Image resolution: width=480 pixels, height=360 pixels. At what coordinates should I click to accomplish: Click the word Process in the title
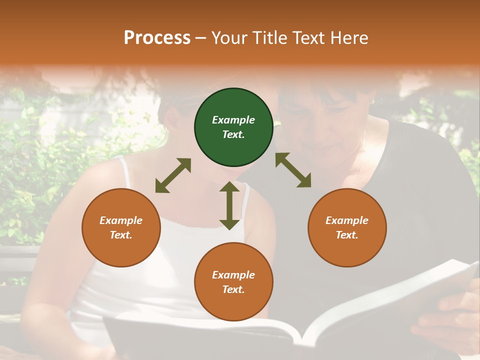point(157,38)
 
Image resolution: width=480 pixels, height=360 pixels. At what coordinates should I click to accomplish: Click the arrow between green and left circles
point(173,175)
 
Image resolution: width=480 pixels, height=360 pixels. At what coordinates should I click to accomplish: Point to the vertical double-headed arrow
point(229,205)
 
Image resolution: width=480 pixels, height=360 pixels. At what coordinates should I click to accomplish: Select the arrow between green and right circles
point(293,170)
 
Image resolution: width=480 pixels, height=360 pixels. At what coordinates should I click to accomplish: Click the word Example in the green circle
point(233,120)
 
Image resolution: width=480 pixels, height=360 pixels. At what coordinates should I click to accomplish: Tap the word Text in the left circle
point(120,235)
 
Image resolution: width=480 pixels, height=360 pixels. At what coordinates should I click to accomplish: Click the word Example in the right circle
point(347,220)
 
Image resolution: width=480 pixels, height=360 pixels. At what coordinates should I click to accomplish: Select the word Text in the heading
point(308,38)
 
